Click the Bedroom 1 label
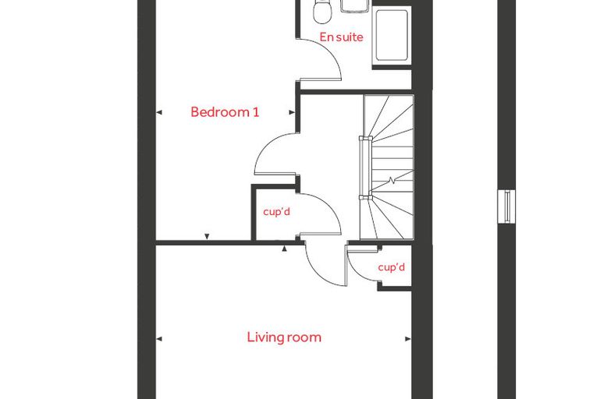225,112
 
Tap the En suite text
341,37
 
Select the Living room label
284,337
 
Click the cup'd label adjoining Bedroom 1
276,211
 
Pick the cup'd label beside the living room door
392,267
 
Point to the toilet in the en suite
322,11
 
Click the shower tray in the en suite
391,36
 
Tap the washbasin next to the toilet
355,5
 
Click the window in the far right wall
506,207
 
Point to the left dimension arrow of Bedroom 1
159,112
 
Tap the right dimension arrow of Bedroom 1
292,112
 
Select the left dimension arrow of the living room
159,338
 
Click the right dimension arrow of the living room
407,338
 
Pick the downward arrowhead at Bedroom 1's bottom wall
207,237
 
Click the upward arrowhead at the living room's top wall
284,249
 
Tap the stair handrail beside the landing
365,168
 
